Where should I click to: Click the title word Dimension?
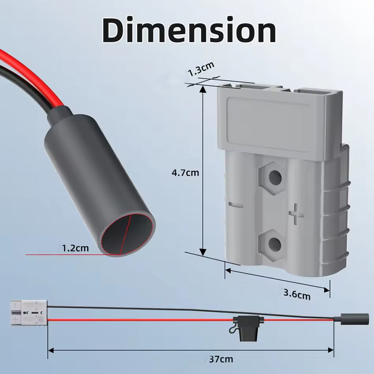(189, 30)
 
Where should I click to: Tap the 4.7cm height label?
(186, 173)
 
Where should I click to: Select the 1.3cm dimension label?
(201, 69)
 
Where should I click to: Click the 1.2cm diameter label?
(76, 248)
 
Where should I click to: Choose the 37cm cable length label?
(221, 359)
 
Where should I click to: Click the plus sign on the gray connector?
(296, 214)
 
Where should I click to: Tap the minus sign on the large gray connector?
(236, 205)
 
